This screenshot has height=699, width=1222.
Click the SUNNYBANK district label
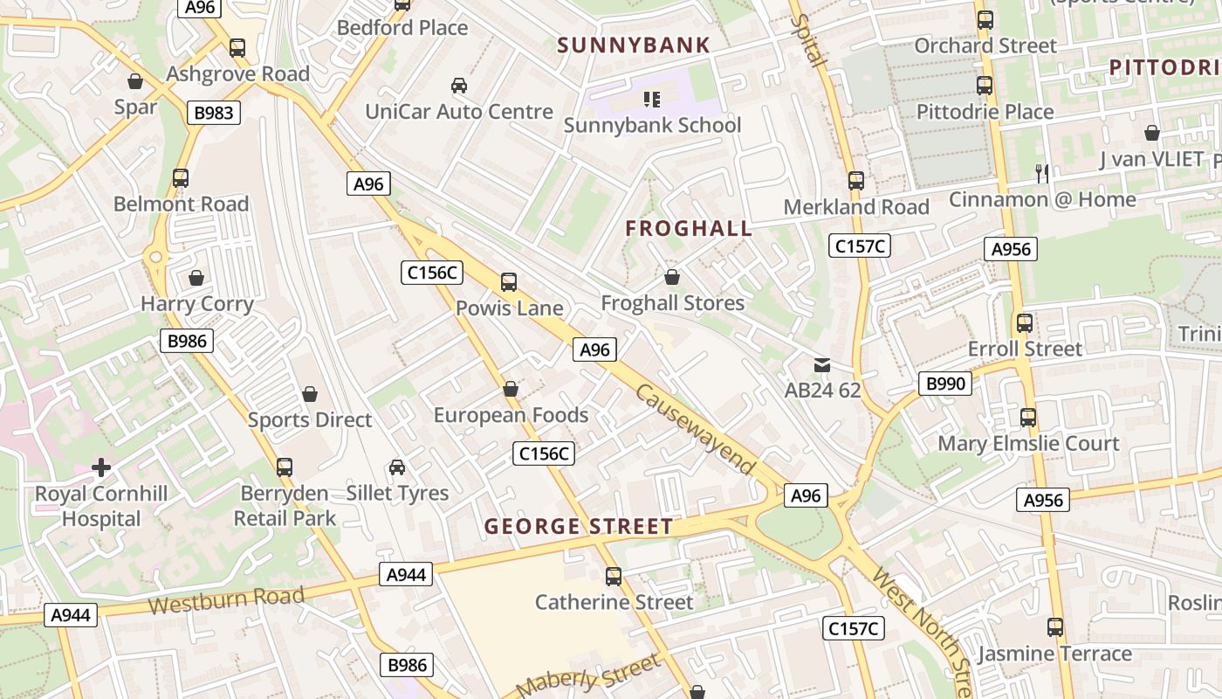(634, 45)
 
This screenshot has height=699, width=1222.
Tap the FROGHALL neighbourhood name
(689, 229)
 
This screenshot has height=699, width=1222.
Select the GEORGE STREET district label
(579, 527)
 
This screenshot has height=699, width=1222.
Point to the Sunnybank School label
(652, 125)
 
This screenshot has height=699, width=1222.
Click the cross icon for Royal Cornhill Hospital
(101, 467)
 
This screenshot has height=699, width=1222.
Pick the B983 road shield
(213, 112)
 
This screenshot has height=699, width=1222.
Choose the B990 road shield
(944, 383)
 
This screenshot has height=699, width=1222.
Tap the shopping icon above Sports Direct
(309, 395)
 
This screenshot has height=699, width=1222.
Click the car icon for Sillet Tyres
(397, 467)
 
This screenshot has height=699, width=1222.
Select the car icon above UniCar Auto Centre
(458, 86)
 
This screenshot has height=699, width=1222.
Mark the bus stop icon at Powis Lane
(509, 282)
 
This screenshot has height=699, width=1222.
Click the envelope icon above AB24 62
(822, 364)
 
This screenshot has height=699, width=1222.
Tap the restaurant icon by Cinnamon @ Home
(1042, 173)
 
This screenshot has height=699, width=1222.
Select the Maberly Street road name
(589, 675)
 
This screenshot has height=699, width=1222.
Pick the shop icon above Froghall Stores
(672, 278)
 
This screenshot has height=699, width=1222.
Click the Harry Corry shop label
(197, 304)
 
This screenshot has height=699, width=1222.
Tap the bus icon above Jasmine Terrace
(1055, 627)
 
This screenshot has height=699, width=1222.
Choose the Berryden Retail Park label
(285, 505)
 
